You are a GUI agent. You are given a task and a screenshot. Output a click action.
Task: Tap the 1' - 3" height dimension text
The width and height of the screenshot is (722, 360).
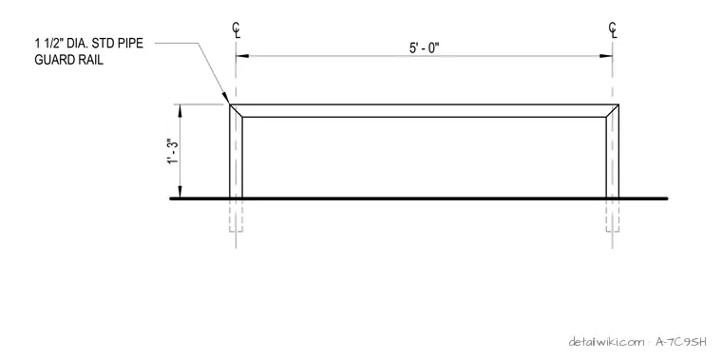tap(173, 151)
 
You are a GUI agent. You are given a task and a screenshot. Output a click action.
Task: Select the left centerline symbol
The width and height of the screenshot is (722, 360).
tap(236, 30)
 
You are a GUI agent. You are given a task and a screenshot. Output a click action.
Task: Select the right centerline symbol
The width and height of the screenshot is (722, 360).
tap(613, 30)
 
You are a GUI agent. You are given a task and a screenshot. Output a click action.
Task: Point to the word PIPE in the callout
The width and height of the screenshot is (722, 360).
tap(130, 44)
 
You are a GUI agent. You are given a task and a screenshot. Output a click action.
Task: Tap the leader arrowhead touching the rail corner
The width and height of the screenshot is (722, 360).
tap(226, 99)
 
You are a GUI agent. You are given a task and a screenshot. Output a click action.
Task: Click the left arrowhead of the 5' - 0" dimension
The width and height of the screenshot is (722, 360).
tap(242, 56)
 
